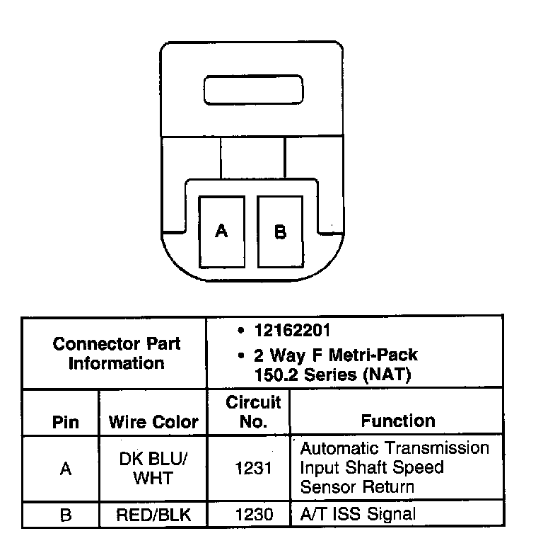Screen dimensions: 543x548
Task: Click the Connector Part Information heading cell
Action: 117,353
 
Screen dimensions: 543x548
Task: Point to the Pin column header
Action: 65,423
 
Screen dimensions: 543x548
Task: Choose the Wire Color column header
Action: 153,423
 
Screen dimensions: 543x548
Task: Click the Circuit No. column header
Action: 253,412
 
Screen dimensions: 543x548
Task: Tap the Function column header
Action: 398,421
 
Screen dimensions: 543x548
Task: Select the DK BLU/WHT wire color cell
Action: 153,468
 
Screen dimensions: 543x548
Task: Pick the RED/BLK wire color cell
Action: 153,515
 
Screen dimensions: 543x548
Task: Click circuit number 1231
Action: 254,468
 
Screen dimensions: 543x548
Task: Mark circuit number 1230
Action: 254,515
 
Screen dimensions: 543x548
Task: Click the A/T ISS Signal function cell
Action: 358,514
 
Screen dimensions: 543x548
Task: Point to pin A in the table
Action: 65,469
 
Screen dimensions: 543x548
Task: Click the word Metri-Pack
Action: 378,355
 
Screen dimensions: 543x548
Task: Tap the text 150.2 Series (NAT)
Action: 333,375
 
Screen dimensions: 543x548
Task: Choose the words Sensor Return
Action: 357,487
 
